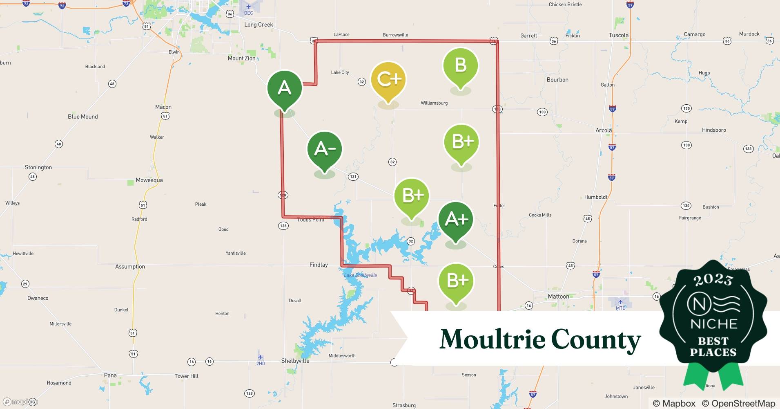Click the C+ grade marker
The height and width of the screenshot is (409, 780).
coord(388,80)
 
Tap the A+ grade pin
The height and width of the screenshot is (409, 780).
coord(455,220)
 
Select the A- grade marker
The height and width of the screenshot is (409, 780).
coord(325,150)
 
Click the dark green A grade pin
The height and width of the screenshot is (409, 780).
coord(284,89)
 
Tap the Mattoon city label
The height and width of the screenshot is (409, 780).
coord(558,297)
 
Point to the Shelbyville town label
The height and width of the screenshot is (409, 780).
coord(295,361)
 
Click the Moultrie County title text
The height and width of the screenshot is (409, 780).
coord(540,339)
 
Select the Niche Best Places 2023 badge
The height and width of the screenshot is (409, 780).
coord(713,323)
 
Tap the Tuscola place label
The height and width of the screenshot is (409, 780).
coord(618,35)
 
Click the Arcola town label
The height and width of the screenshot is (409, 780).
coord(603,130)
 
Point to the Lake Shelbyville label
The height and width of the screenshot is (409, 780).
coord(360,275)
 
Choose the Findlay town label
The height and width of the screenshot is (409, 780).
coord(319,265)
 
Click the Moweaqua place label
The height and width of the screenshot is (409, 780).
coord(149,180)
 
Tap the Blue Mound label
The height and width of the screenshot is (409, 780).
coord(83,117)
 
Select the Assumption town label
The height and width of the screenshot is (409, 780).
coord(130,267)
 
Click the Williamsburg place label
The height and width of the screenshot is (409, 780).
coord(434,103)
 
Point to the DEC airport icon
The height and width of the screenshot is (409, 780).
coord(248,7)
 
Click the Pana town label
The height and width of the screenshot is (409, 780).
coord(110,375)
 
